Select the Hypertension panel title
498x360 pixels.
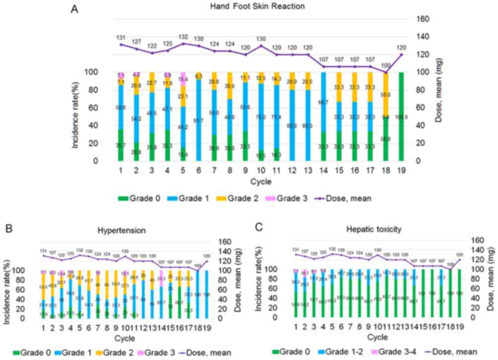[x=122, y=231]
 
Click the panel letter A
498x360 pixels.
[x=75, y=8]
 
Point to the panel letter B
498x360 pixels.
[x=8, y=229]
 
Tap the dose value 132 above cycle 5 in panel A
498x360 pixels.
[x=184, y=37]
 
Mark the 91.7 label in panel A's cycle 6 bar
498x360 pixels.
[x=198, y=120]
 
